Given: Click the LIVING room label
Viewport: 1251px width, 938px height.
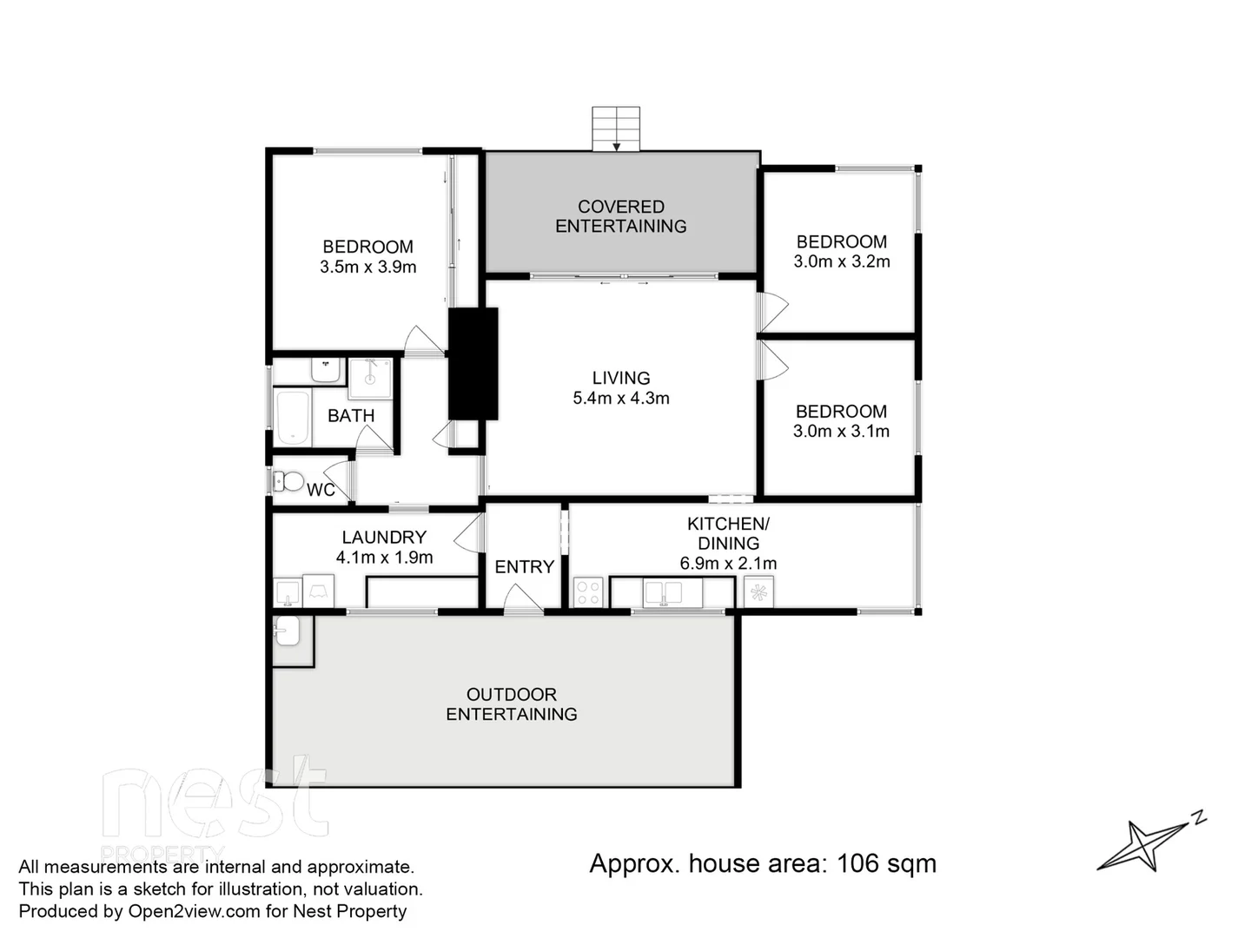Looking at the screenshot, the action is click(620, 378).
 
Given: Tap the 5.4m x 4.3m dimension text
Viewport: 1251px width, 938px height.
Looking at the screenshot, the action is click(620, 399).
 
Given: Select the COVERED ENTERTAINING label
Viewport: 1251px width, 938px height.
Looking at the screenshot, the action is click(620, 216).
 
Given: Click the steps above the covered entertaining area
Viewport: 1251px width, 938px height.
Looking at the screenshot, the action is click(616, 128).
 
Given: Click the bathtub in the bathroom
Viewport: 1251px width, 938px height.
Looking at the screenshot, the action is click(292, 418).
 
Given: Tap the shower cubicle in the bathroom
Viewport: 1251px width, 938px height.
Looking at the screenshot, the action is click(370, 379).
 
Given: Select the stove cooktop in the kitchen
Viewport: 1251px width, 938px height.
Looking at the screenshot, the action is click(588, 592).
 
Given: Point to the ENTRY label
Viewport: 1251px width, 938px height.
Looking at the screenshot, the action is click(524, 566).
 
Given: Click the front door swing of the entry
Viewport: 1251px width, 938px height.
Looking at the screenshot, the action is click(521, 598).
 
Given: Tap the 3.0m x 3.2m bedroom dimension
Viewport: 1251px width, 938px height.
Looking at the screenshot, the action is click(841, 261).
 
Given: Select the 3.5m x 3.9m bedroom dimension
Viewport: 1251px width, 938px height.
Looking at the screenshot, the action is click(367, 268).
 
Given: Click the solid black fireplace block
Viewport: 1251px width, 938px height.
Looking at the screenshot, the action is click(473, 364).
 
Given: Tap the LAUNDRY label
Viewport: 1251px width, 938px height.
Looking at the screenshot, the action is click(384, 537).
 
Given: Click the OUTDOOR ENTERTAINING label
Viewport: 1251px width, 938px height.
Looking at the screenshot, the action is click(511, 703).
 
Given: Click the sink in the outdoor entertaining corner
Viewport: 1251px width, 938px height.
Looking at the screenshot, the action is click(287, 631).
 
